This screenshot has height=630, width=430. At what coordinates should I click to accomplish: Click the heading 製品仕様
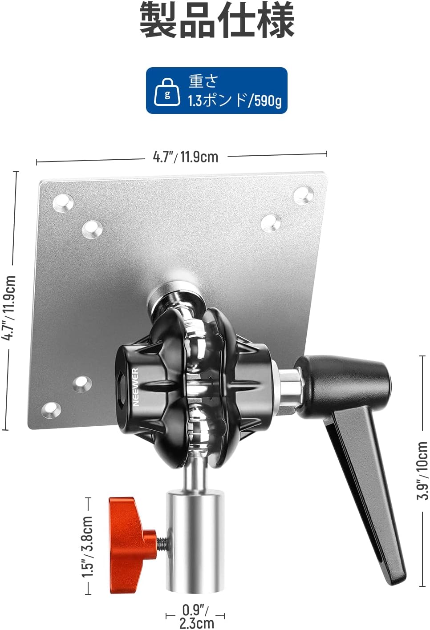[217, 21]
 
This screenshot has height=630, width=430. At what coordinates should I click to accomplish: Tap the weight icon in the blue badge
[167, 93]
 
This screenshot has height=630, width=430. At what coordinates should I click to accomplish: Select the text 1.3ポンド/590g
[235, 101]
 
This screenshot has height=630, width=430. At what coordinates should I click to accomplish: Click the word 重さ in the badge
[203, 81]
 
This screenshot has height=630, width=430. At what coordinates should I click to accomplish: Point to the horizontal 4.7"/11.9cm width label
[186, 157]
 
